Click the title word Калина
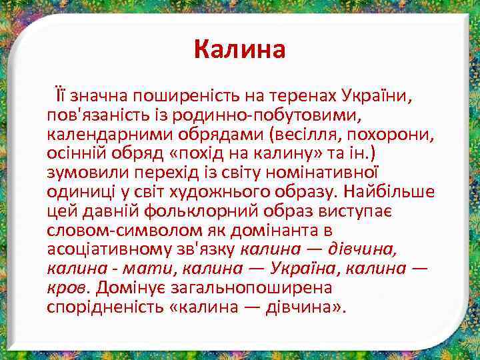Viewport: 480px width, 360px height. coord(239,49)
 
